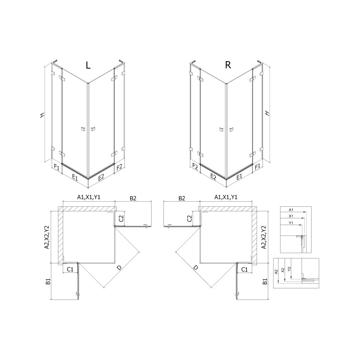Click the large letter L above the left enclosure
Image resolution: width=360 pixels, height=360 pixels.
click(88, 65)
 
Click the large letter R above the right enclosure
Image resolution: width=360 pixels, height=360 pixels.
click(228, 65)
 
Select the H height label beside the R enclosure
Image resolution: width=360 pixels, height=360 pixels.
click(267, 113)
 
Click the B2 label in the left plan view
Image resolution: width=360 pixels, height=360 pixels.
click(133, 198)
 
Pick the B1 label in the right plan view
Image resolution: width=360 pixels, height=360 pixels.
click(265, 281)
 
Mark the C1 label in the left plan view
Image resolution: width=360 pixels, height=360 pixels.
click(70, 269)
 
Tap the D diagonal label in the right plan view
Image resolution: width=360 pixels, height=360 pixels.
click(195, 268)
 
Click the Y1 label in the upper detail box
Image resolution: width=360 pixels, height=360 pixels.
click(291, 223)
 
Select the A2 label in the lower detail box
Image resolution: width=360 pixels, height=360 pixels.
click(277, 271)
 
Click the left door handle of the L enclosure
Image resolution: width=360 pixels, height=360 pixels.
click(83, 129)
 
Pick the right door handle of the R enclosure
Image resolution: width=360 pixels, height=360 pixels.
click(231, 130)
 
